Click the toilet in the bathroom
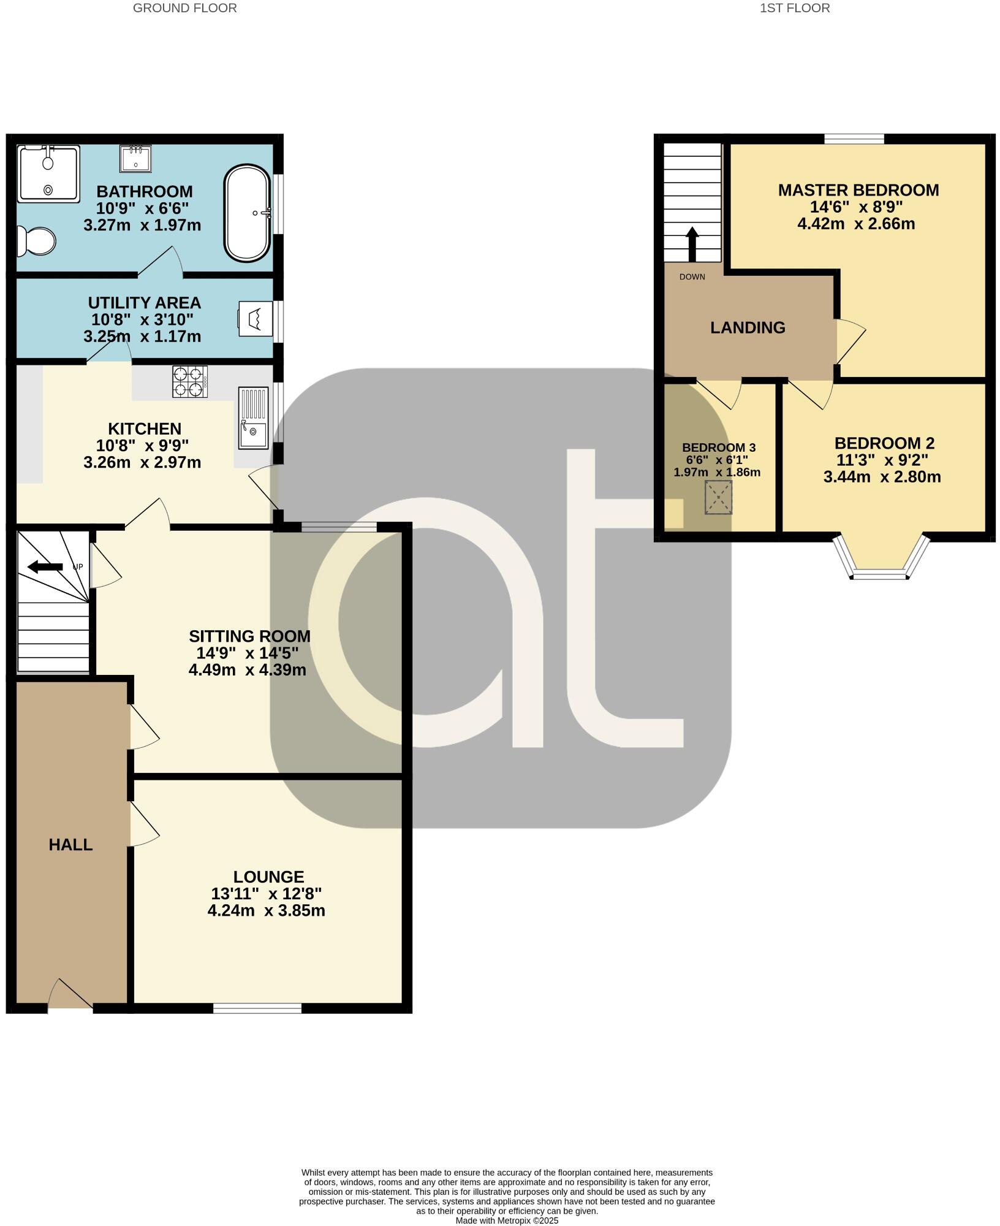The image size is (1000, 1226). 36,241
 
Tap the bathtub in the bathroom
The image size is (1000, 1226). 247,213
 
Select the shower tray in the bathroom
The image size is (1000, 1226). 48,173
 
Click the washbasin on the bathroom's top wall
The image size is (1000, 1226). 135,159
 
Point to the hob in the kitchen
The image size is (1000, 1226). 190,381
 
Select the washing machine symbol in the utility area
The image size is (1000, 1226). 256,319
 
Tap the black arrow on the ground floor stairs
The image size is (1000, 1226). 45,566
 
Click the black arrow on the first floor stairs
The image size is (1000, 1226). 692,244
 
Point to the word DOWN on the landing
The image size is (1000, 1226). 692,277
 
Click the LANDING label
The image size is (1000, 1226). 748,328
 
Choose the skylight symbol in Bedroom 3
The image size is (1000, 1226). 718,497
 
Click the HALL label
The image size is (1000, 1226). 70,845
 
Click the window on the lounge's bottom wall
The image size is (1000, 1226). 257,1008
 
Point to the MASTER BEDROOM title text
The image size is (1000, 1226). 858,191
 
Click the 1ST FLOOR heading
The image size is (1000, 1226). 795,9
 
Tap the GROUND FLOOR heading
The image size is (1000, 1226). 184,9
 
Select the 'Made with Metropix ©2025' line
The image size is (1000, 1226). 507,1220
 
